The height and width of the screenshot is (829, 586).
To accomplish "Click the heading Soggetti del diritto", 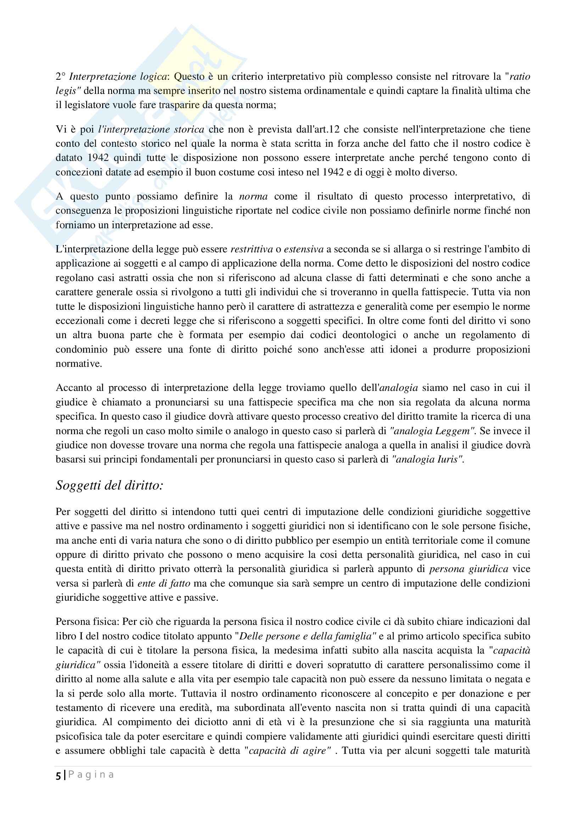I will [110, 486].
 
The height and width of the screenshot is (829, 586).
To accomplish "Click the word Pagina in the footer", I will [91, 775].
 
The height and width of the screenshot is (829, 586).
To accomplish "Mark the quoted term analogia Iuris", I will [427, 460].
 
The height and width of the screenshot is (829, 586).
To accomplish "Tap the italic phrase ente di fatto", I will [164, 583].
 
